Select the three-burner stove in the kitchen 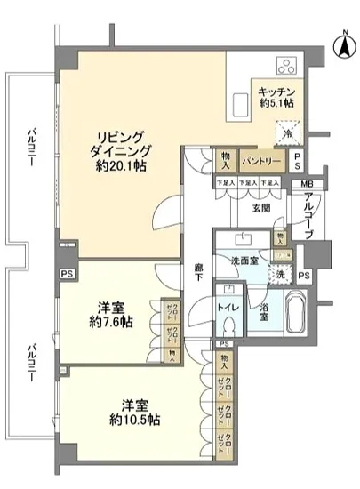[290, 64]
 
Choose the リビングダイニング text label [122, 143]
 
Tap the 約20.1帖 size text [123, 167]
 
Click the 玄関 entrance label [260, 210]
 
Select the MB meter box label [307, 184]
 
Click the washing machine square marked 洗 [283, 276]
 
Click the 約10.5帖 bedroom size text [116, 418]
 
